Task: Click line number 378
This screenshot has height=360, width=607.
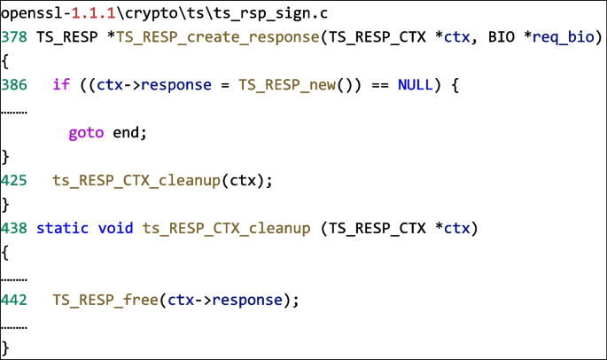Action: coord(15,39)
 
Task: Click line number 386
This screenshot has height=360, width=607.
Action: coord(15,86)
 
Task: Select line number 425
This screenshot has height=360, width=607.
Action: coord(15,181)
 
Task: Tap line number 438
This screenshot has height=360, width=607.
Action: coord(15,229)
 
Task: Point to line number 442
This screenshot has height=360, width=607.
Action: coord(15,300)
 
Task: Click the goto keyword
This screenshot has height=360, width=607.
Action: coord(86,133)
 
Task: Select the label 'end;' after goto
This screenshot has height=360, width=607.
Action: coord(128,133)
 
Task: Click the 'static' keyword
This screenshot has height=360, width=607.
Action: coord(62,229)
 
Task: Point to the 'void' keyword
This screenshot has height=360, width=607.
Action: coord(115,229)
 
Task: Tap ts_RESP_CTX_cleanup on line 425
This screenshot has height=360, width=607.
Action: coord(137,181)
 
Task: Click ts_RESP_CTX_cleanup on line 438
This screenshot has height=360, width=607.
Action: coord(226,229)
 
